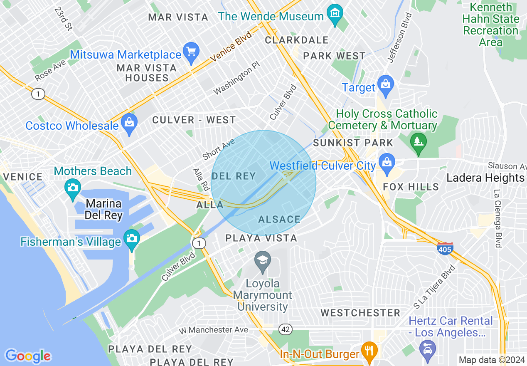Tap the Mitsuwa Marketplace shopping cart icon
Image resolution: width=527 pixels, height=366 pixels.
click(x=191, y=52)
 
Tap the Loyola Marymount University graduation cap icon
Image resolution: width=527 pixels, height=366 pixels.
click(x=262, y=261)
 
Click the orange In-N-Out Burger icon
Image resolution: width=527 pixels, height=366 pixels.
click(x=369, y=350)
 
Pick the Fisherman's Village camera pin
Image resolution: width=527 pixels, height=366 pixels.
click(x=132, y=239)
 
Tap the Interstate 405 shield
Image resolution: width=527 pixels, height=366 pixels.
click(x=445, y=249)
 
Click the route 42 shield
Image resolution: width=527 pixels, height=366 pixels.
click(x=285, y=329)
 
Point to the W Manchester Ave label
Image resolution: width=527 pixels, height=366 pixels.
click(x=213, y=330)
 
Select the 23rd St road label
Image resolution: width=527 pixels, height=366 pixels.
click(x=63, y=18)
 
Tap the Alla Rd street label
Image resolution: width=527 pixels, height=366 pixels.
click(x=200, y=179)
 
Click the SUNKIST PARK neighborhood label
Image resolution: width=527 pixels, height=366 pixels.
click(x=353, y=143)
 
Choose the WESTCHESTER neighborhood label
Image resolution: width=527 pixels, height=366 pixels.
click(x=360, y=313)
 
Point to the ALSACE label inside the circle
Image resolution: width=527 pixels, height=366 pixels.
click(x=279, y=219)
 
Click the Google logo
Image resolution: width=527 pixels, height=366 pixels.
click(x=28, y=356)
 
